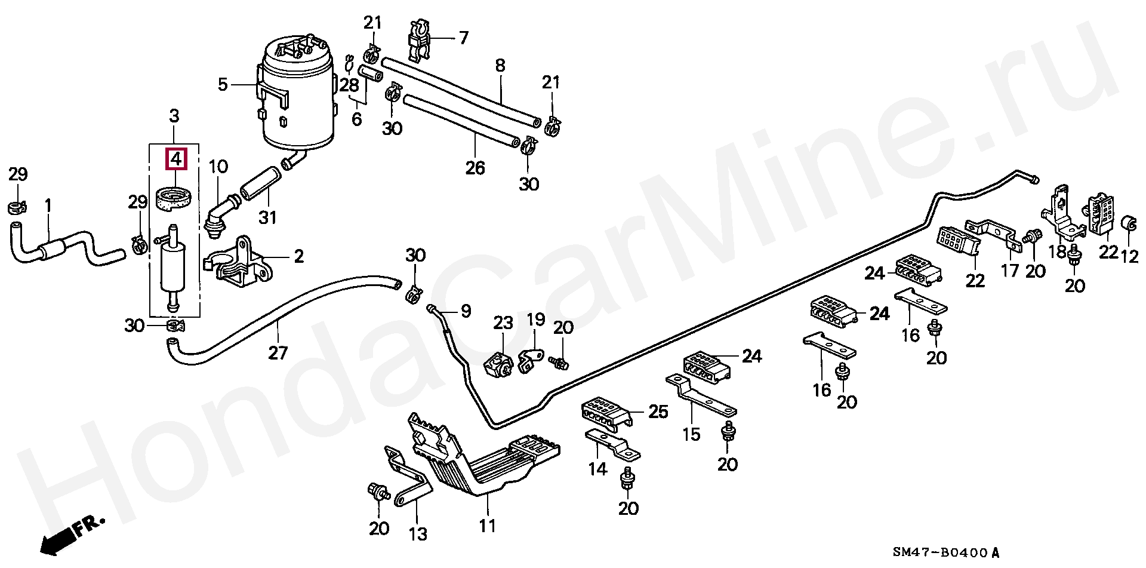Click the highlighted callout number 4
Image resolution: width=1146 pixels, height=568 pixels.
[176, 159]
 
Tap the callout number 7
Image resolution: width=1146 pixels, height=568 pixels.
[464, 38]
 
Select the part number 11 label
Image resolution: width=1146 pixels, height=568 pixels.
[488, 526]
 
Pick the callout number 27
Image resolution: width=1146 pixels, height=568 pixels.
[278, 353]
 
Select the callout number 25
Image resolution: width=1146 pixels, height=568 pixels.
[658, 412]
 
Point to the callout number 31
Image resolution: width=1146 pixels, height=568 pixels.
[267, 217]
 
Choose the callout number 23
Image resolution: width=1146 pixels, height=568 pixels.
[503, 324]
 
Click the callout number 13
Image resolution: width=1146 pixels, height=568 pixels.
[418, 533]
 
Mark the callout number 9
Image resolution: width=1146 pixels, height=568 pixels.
[466, 311]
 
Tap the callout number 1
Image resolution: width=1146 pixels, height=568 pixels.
[48, 207]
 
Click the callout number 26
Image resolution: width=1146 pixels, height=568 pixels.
[475, 168]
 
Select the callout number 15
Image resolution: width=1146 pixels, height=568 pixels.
[691, 434]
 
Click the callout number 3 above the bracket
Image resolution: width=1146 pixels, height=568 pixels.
[174, 115]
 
